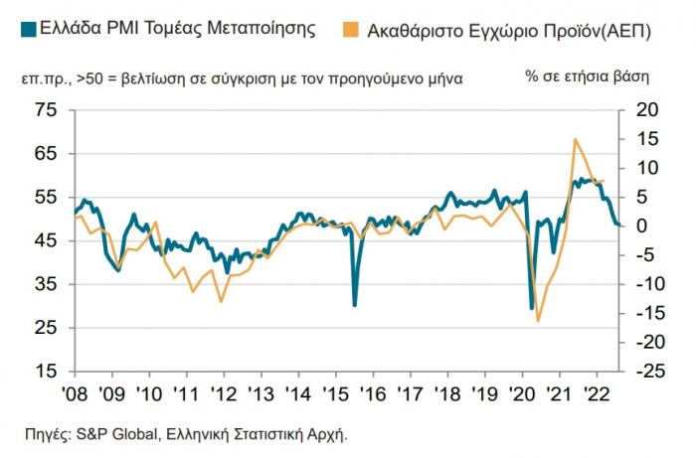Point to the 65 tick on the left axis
click(x=47, y=153)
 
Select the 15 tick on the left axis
click(x=47, y=372)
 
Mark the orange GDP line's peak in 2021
click(x=575, y=139)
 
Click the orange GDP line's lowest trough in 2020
click(x=538, y=321)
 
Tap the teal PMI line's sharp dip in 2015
click(x=355, y=304)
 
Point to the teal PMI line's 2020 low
click(x=531, y=309)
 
